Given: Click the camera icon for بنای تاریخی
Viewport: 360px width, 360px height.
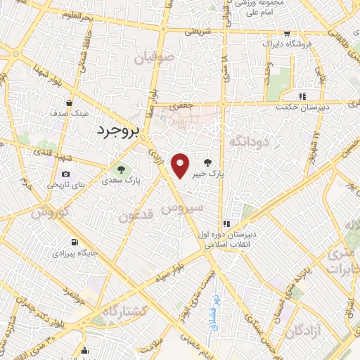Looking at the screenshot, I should [x=65, y=174].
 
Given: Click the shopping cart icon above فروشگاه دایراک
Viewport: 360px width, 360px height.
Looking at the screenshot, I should [x=286, y=34].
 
